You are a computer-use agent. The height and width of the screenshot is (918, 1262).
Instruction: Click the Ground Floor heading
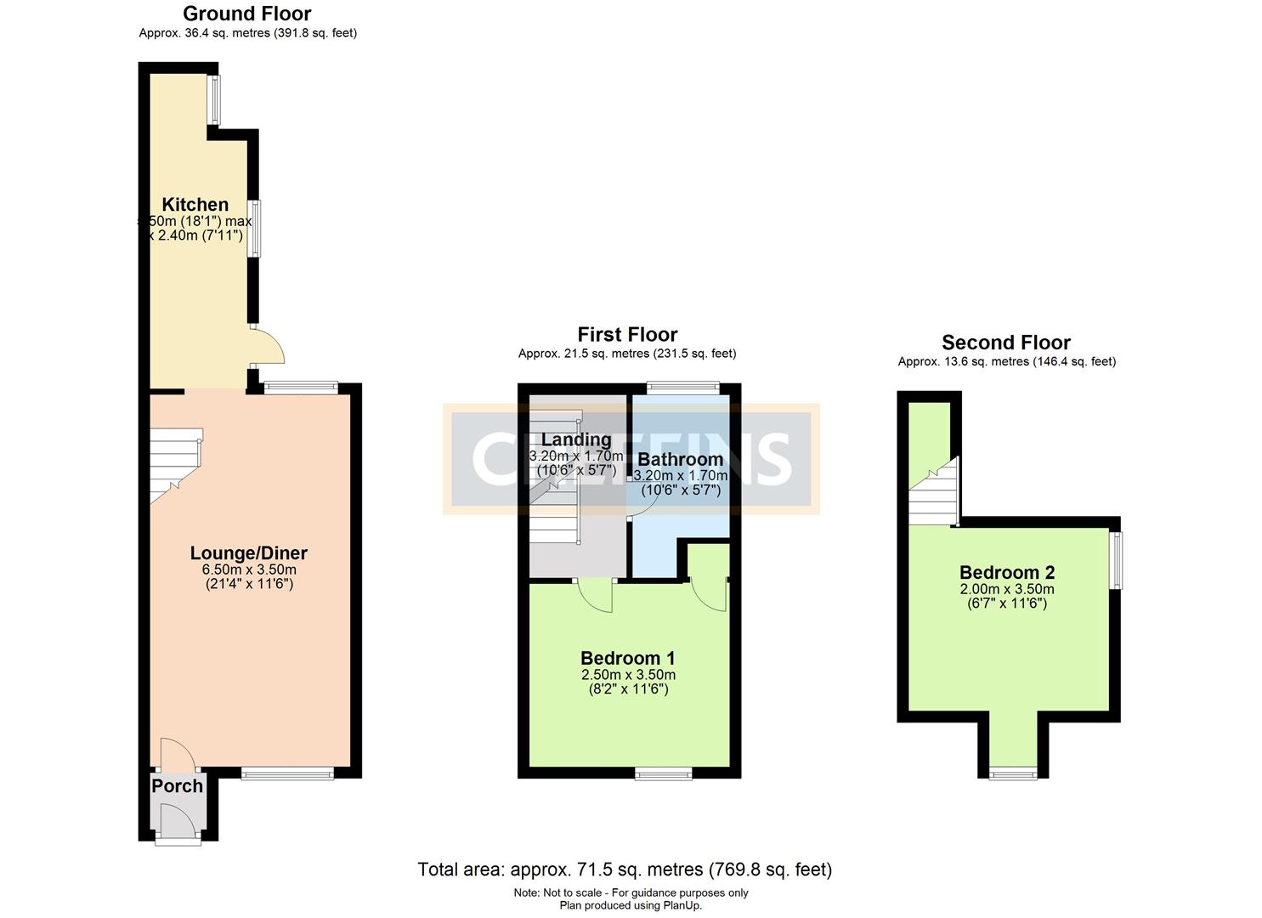click(x=247, y=14)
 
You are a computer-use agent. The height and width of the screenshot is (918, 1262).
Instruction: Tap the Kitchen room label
click(x=195, y=204)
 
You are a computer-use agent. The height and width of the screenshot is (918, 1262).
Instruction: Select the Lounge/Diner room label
click(x=248, y=552)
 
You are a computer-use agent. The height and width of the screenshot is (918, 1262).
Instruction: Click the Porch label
click(x=178, y=786)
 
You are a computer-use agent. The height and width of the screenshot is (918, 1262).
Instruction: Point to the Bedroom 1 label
click(x=627, y=658)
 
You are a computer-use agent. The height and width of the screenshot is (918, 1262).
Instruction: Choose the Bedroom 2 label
click(x=1006, y=572)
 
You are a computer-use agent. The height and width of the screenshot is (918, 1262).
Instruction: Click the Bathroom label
click(x=681, y=460)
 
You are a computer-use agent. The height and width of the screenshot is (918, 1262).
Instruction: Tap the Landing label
click(x=576, y=439)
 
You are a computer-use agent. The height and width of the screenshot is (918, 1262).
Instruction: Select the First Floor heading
click(x=627, y=334)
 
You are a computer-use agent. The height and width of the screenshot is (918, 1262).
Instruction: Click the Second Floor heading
click(x=1006, y=343)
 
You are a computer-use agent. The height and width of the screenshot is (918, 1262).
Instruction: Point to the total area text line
click(x=625, y=870)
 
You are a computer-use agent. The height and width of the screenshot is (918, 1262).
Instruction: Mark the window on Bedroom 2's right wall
click(x=1118, y=560)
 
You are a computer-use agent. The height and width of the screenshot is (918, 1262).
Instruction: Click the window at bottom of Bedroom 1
click(x=664, y=773)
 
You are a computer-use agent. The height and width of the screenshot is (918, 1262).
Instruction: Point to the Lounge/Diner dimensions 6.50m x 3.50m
click(x=248, y=569)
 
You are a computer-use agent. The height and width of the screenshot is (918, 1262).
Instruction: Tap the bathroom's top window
click(x=682, y=388)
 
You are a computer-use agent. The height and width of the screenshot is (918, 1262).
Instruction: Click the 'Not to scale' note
click(x=631, y=892)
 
